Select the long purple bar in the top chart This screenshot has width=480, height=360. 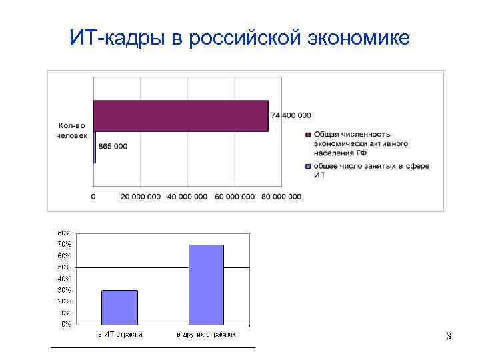180,116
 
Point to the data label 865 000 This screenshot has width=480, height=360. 113,147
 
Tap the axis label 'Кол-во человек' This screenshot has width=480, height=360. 72,130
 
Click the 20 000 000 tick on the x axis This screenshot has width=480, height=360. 141,197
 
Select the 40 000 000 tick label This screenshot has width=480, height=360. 187,197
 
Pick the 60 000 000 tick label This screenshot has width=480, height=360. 235,197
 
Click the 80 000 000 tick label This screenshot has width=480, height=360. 281,197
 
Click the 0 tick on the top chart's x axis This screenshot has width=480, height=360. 93,197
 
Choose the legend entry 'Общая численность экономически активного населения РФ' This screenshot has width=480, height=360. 361,143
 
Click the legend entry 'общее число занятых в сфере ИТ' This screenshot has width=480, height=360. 371,171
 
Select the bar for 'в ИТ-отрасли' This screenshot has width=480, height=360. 120,307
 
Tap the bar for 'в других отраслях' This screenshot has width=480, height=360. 206,285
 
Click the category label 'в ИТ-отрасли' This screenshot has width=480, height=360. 120,334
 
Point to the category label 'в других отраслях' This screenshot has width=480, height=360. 206,334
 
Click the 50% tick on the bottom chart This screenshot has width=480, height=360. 64,267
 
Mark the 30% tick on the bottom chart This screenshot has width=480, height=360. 64,290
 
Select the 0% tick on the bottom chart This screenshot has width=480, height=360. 66,325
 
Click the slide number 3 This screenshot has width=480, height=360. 449,337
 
